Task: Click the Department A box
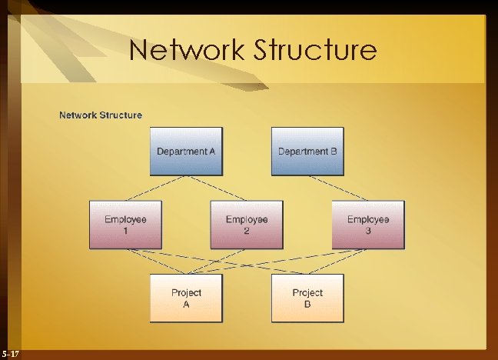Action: [x=186, y=151]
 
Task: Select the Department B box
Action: [x=307, y=151]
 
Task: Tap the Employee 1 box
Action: [x=125, y=225]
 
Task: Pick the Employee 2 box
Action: [x=247, y=225]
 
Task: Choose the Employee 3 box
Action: [x=368, y=225]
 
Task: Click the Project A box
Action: [x=186, y=298]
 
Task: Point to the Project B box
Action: [x=307, y=298]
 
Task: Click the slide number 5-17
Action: [x=12, y=353]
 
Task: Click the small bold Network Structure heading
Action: [x=101, y=115]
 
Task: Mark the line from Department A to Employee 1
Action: [x=155, y=188]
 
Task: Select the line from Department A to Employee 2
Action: [x=216, y=188]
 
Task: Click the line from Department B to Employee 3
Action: [x=337, y=188]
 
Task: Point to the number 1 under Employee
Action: [x=125, y=230]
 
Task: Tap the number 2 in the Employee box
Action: [x=247, y=230]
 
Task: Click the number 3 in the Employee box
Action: [x=368, y=230]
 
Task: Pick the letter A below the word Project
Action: [x=186, y=304]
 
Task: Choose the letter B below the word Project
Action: [x=307, y=304]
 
